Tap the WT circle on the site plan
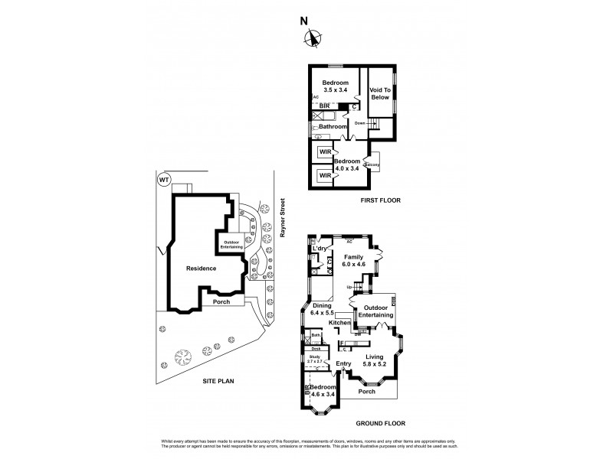[163, 180]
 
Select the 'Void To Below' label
[381, 94]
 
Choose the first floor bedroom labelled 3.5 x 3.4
[336, 86]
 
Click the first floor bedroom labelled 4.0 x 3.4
[347, 165]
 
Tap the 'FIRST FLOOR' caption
[380, 200]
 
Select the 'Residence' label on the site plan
[201, 269]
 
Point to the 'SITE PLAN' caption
[218, 380]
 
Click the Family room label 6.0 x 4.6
[353, 261]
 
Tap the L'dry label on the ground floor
[320, 249]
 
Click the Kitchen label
[339, 323]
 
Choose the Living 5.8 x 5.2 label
[375, 360]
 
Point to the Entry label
[343, 363]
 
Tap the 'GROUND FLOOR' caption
[380, 423]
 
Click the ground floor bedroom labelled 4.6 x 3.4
[324, 391]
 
